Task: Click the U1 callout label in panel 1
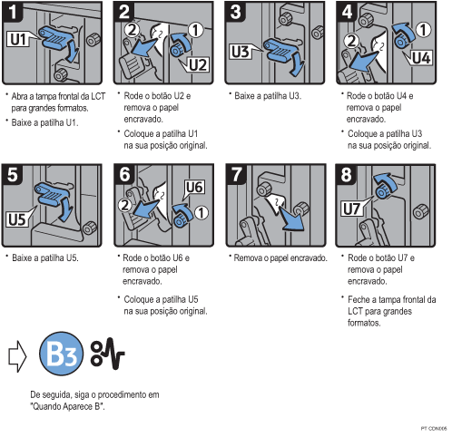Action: (x=19, y=39)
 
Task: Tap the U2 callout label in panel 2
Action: (x=197, y=64)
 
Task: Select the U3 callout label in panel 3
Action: (x=241, y=52)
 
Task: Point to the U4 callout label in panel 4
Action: (x=420, y=57)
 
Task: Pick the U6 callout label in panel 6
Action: (x=194, y=188)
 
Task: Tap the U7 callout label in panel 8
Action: (x=352, y=209)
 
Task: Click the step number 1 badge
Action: (x=12, y=12)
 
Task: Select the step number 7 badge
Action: (x=236, y=175)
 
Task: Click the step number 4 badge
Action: (x=347, y=12)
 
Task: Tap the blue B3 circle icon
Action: (x=62, y=354)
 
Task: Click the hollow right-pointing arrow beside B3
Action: (x=17, y=356)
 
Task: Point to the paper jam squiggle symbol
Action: (x=107, y=354)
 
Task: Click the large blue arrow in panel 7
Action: (x=290, y=218)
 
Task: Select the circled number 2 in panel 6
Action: (x=124, y=205)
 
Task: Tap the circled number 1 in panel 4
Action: (x=423, y=29)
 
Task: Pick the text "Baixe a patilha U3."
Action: (x=268, y=96)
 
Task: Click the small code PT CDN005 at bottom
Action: (x=434, y=429)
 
